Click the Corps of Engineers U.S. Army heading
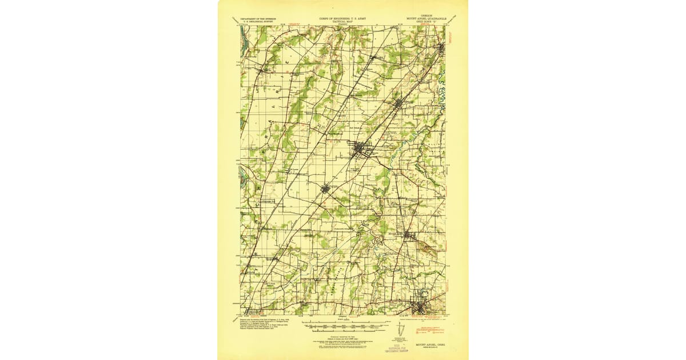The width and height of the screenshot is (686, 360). point(343,19)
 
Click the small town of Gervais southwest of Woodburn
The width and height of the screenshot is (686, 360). point(325,188)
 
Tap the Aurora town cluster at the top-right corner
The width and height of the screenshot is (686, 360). point(441,48)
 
